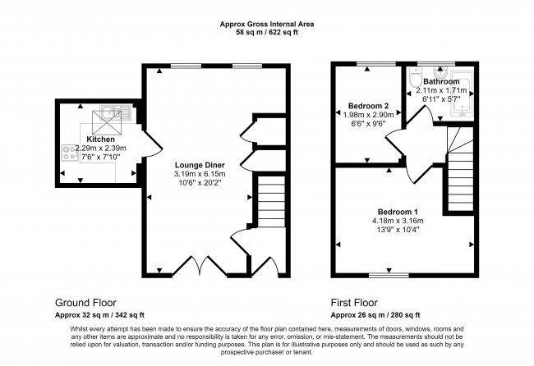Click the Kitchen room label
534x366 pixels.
[100, 140]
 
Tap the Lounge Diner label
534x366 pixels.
[200, 164]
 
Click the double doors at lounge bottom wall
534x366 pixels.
[200, 265]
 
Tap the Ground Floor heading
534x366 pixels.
[90, 301]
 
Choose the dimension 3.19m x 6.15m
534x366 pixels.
[200, 174]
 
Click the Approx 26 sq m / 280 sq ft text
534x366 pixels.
[375, 314]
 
